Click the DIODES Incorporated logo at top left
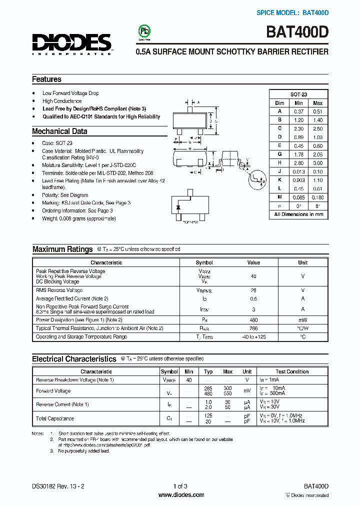click(x=72, y=44)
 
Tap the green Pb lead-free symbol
click(x=144, y=31)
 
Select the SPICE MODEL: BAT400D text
click(x=292, y=12)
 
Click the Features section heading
click(x=46, y=79)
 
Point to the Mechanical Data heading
click(x=59, y=131)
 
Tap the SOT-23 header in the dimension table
click(x=298, y=94)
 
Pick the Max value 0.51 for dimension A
click(x=317, y=111)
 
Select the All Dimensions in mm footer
click(x=298, y=214)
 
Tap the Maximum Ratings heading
click(x=62, y=249)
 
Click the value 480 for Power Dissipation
click(x=253, y=319)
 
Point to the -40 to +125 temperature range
click(x=253, y=336)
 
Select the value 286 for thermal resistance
click(x=253, y=328)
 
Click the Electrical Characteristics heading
click(x=74, y=358)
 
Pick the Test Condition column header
click(x=292, y=371)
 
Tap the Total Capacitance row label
click(x=55, y=418)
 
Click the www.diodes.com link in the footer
click(x=181, y=495)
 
